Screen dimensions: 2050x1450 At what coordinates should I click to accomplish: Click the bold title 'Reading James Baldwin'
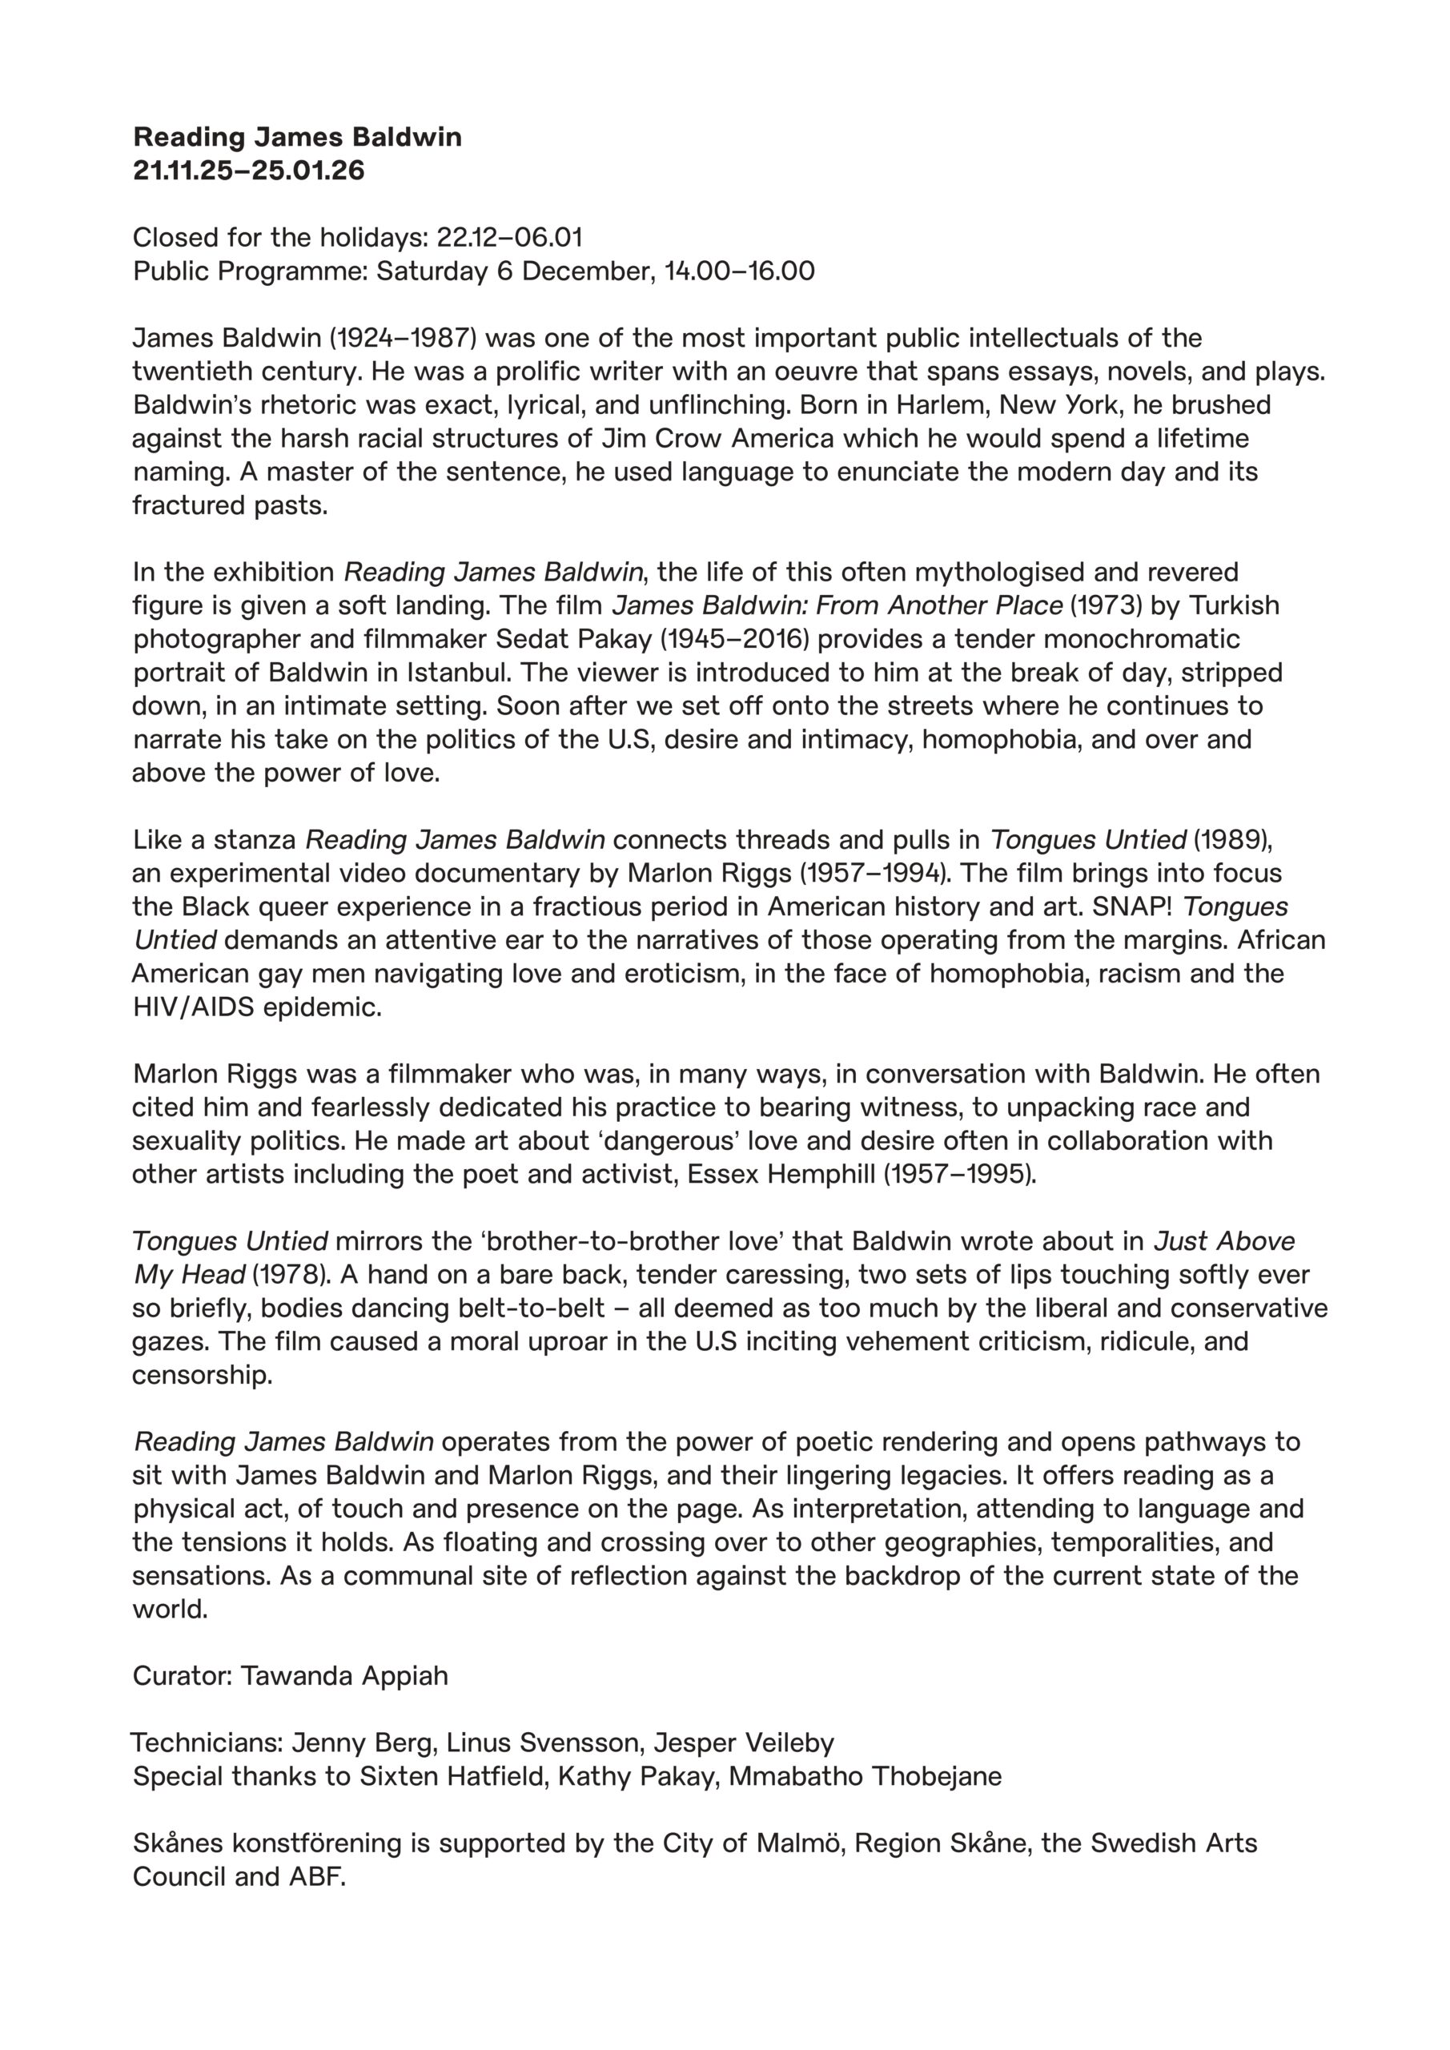297,137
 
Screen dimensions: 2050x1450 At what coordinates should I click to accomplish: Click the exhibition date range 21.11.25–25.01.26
249,170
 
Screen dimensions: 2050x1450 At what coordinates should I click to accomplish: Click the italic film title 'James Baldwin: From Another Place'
837,605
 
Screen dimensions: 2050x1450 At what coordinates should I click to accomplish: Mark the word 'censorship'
202,1375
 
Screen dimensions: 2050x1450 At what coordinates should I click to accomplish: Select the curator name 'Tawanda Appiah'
344,1676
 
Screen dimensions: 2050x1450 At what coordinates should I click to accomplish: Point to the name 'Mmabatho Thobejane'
866,1777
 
